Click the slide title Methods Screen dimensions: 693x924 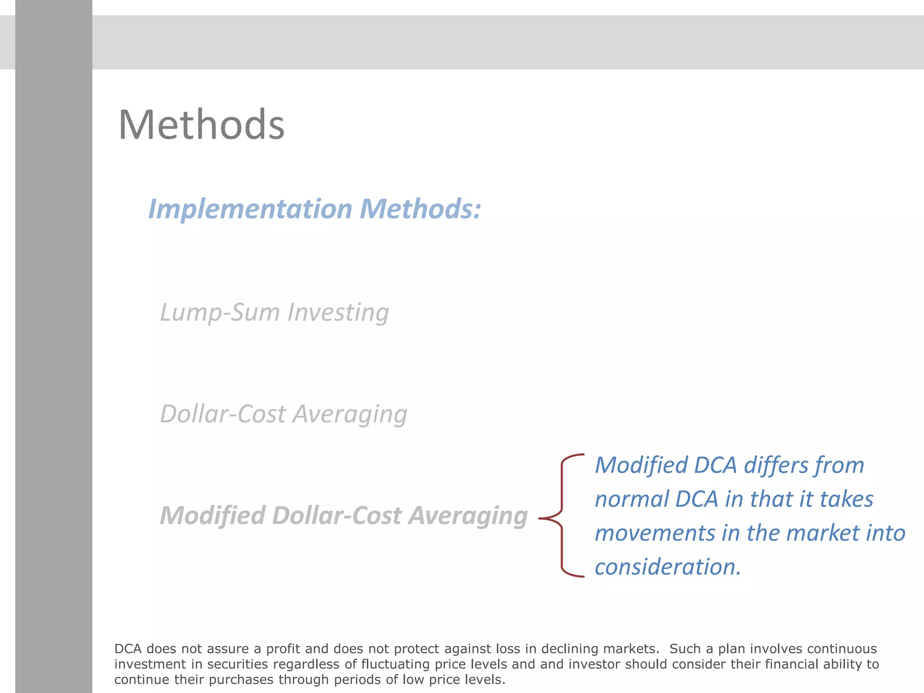(x=201, y=125)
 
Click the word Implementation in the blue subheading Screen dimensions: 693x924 (x=250, y=209)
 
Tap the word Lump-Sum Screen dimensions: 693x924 (x=220, y=313)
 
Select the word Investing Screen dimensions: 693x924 (x=338, y=313)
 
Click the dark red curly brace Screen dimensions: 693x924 (x=561, y=516)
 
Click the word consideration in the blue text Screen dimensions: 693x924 (x=667, y=567)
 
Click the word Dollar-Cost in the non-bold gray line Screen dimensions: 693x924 (x=223, y=414)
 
